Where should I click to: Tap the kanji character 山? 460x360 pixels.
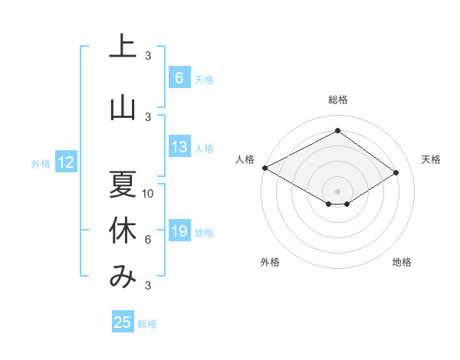tap(122, 107)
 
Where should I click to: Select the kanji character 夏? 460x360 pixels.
tap(122, 184)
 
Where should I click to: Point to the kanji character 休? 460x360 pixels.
tap(122, 231)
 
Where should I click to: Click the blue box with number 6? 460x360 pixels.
tap(179, 78)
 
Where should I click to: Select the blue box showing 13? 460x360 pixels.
tap(179, 148)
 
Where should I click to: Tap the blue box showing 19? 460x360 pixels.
tap(179, 232)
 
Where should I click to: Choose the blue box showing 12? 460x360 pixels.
tap(66, 162)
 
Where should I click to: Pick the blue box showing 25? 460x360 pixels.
tap(123, 322)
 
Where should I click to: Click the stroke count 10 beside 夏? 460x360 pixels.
tap(149, 194)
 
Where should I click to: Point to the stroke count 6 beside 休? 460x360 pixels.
tap(148, 241)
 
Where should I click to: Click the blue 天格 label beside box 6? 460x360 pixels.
tap(204, 79)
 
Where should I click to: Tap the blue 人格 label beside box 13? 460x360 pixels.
tap(204, 149)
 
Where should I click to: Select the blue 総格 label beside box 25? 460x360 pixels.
tap(147, 324)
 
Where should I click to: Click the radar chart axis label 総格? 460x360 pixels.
tap(337, 100)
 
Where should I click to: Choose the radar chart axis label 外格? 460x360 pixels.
tap(270, 262)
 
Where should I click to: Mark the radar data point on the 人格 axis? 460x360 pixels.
tap(264, 168)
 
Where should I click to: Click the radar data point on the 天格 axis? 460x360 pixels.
tap(396, 172)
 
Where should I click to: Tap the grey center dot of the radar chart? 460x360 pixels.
tap(337, 190)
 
